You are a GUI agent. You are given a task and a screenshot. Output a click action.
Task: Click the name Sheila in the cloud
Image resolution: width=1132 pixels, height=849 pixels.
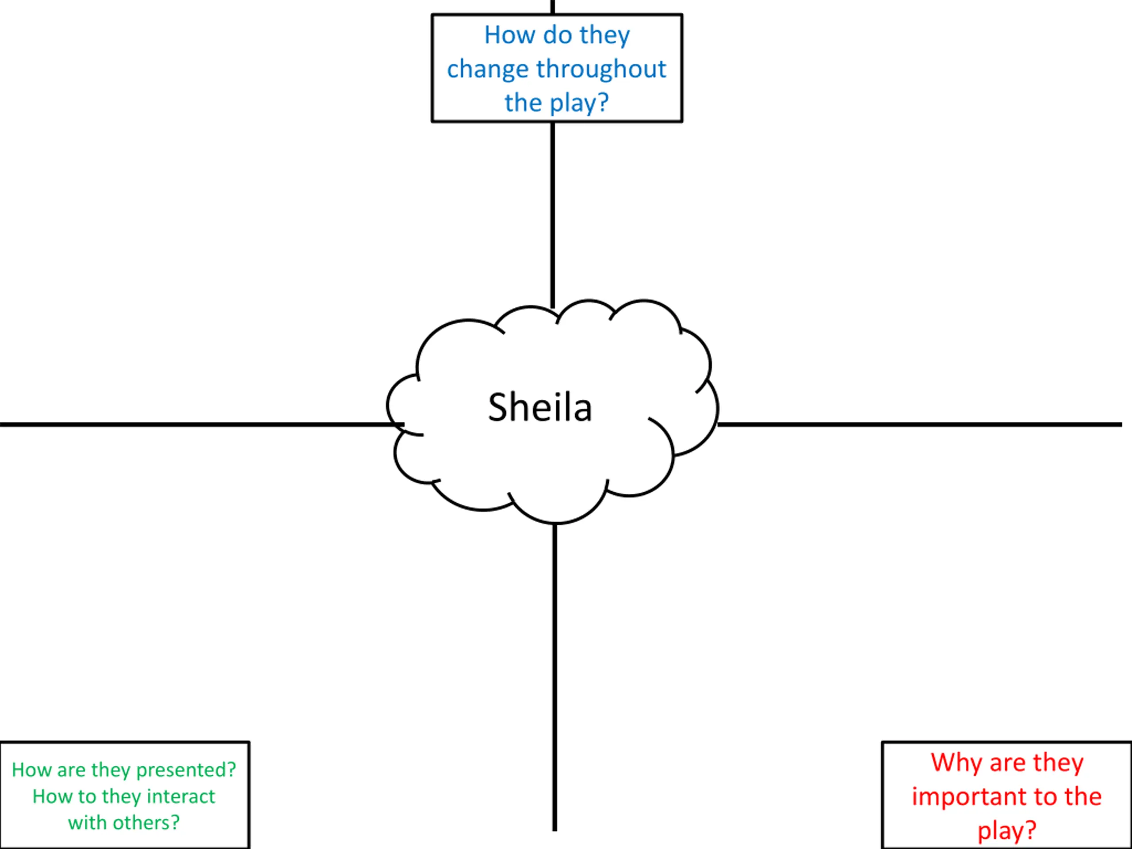tap(540, 407)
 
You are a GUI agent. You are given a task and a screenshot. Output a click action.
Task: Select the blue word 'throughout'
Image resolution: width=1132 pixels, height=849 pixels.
tap(601, 69)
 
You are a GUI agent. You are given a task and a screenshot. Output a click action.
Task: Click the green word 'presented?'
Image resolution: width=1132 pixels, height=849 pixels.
tap(186, 770)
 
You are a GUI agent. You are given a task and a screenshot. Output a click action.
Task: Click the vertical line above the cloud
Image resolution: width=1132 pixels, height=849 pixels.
tap(553, 215)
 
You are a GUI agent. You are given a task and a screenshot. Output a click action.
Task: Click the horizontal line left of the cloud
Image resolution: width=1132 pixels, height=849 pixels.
tap(202, 424)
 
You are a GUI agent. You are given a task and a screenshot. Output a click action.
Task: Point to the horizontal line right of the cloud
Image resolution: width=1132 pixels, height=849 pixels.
tap(920, 424)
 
